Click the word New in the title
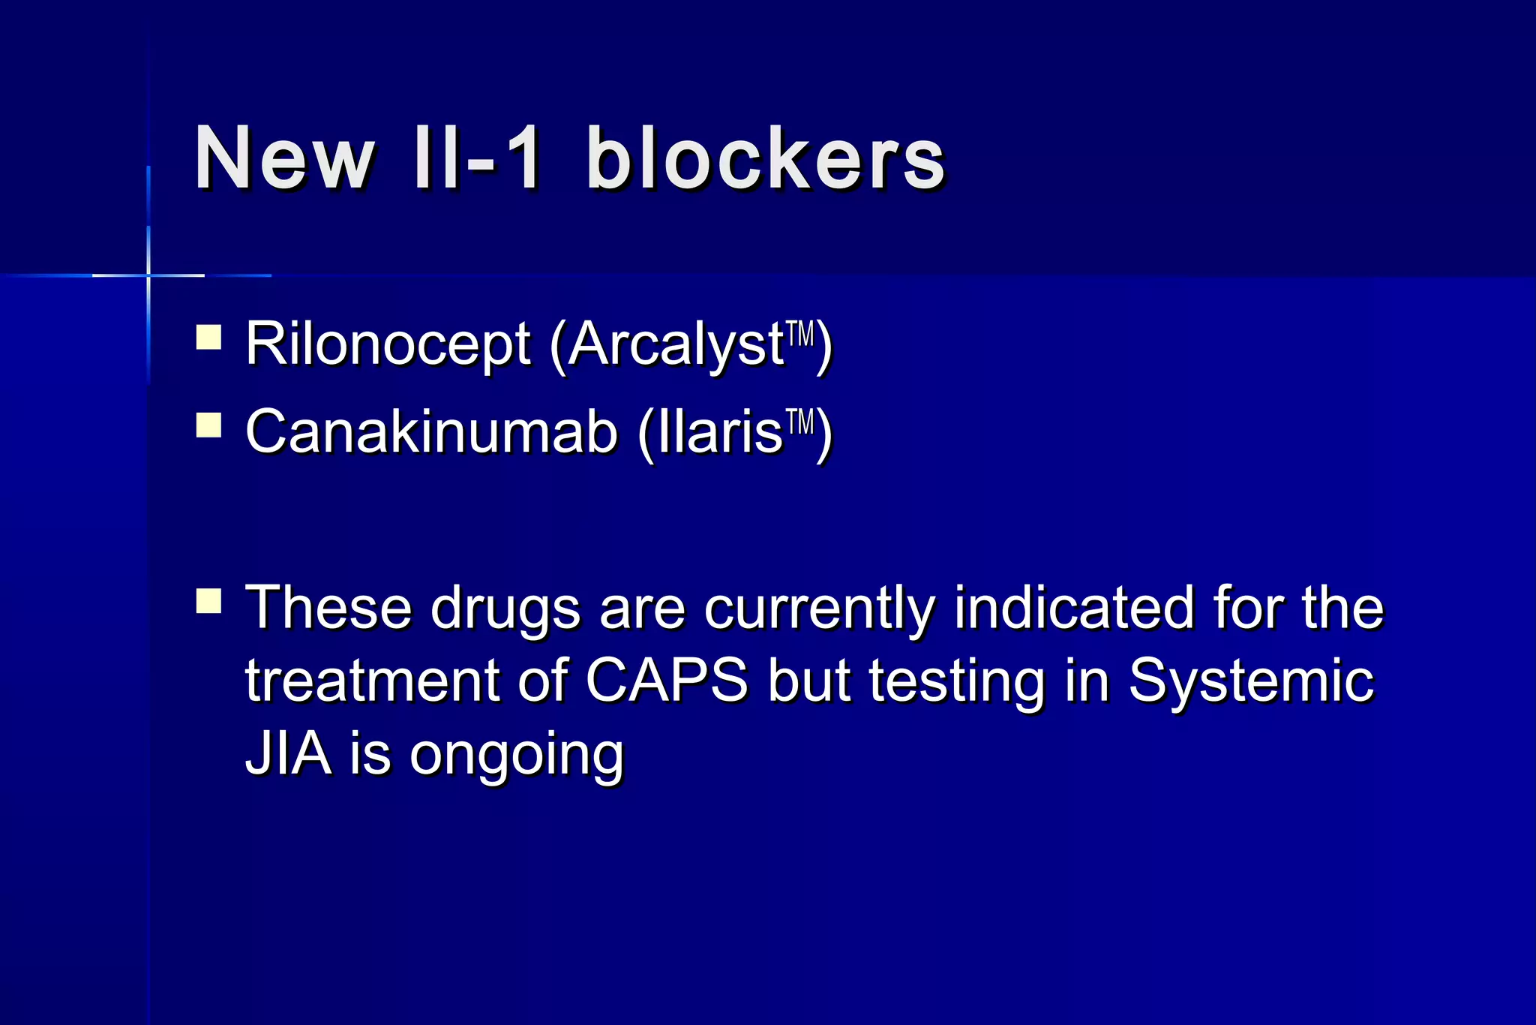click(283, 159)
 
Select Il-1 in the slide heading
click(477, 159)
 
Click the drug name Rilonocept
click(388, 344)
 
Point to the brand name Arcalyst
click(675, 344)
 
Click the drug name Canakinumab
click(431, 432)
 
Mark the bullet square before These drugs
click(208, 601)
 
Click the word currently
click(819, 608)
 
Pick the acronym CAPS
click(666, 681)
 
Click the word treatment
click(372, 681)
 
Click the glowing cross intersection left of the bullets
click(148, 275)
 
